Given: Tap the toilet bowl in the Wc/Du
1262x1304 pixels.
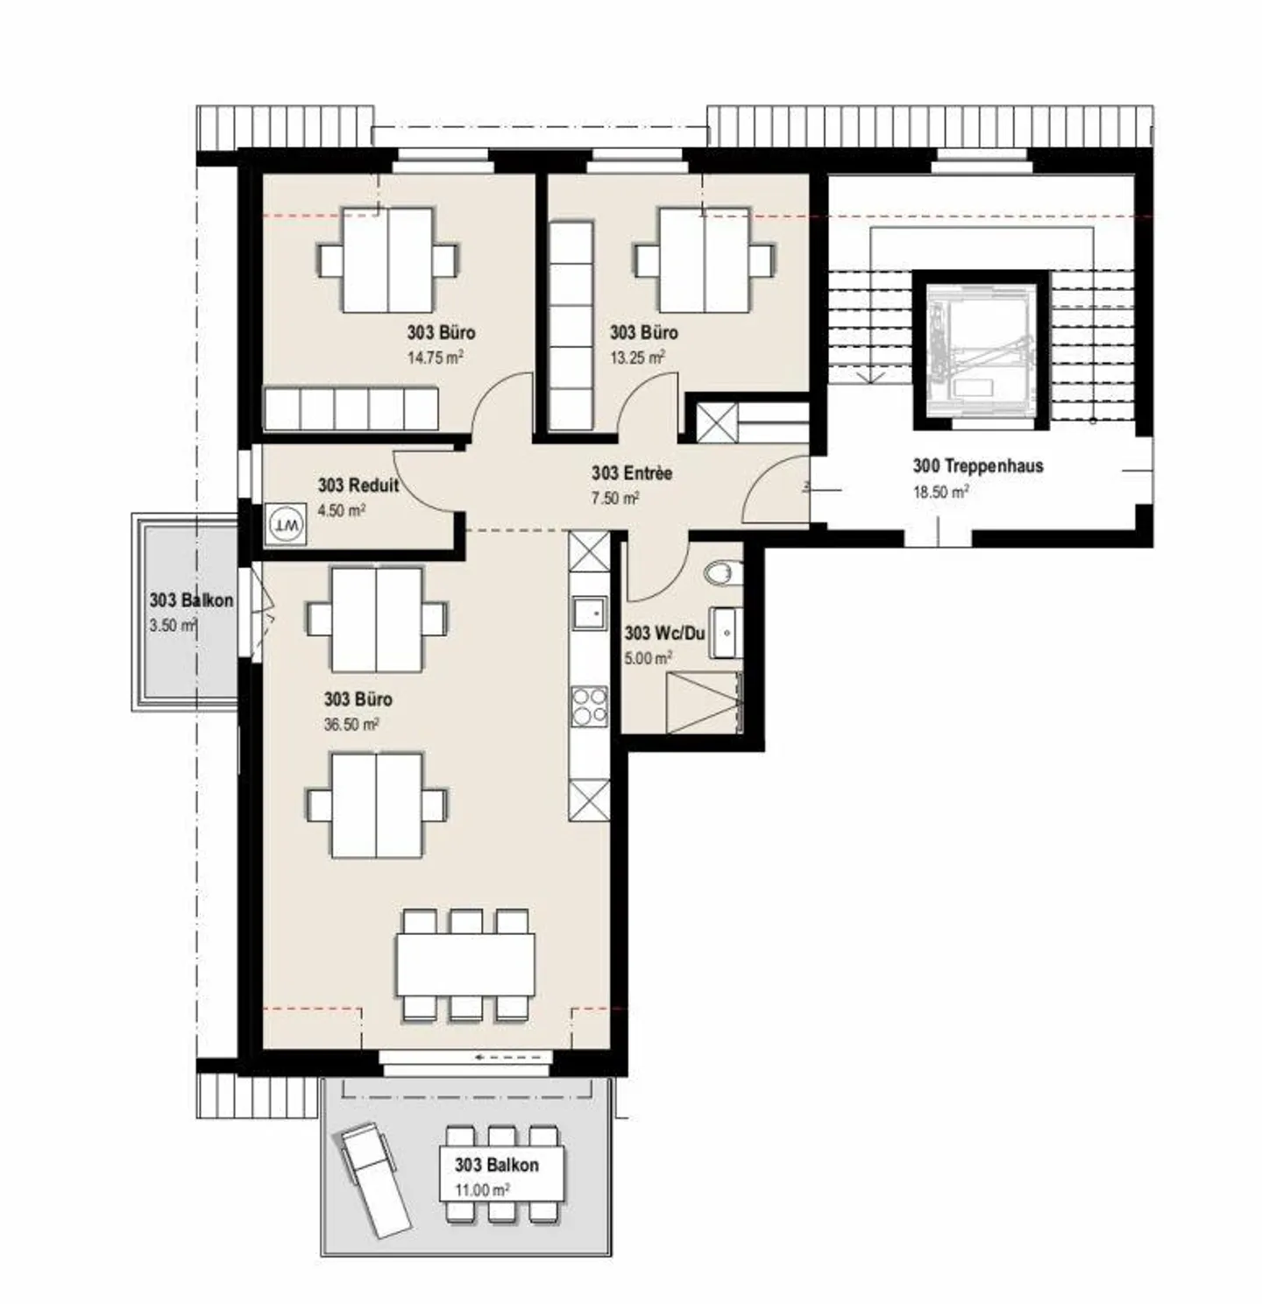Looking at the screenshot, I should (720, 573).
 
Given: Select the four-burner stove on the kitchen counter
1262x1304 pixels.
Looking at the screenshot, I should (589, 706).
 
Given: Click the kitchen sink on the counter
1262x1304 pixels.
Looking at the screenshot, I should (589, 613).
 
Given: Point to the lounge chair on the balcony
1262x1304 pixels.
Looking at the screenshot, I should (374, 1180).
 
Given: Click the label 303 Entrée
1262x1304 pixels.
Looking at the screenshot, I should (631, 473).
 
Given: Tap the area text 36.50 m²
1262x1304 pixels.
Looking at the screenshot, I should (351, 725).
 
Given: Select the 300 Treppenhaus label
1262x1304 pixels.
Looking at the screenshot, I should (978, 466).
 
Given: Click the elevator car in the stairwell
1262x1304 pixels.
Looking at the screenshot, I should (982, 349).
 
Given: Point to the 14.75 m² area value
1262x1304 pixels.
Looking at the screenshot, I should (435, 358).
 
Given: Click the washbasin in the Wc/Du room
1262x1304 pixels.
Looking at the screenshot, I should (727, 630).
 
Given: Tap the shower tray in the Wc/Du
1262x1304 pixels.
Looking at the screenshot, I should (703, 702).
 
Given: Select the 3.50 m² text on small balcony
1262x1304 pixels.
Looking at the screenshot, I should (172, 626).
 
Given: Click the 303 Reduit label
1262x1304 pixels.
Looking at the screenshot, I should (358, 485).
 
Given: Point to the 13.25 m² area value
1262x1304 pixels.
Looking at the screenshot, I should (637, 358).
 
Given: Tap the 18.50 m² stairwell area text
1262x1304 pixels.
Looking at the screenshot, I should (940, 492).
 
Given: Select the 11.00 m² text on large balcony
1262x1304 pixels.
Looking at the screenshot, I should (481, 1190).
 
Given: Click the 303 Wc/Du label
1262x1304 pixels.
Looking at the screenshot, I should (664, 633).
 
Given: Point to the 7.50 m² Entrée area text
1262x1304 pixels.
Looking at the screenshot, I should (614, 498).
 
